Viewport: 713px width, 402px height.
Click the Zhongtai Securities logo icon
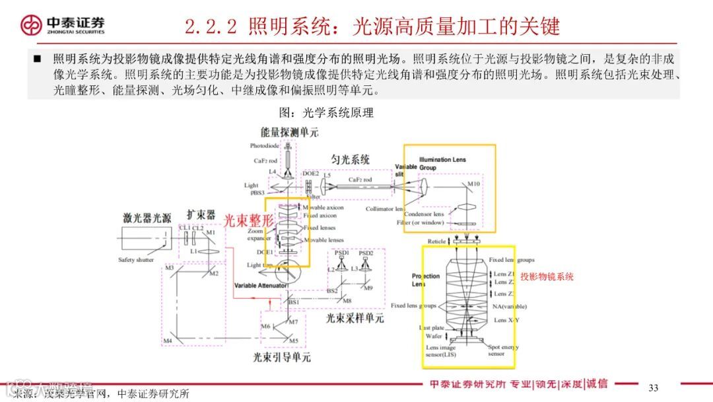(x=31, y=26)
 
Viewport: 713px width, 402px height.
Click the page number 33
(x=654, y=387)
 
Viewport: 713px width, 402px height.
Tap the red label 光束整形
(x=248, y=221)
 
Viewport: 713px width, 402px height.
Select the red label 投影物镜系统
(x=547, y=277)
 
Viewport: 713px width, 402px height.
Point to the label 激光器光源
(x=147, y=218)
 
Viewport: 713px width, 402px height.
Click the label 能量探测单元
(x=290, y=132)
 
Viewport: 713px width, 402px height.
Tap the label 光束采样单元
(x=355, y=319)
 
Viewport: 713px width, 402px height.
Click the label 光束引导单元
(x=282, y=358)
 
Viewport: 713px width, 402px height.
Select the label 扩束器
(x=201, y=215)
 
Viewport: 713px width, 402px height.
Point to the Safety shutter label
(x=136, y=260)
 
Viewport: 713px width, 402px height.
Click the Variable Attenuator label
(x=261, y=286)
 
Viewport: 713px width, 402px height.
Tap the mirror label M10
(x=474, y=184)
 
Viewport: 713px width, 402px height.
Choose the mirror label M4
(x=168, y=341)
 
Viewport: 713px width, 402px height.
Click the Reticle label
(x=437, y=242)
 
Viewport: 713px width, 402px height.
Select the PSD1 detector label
(x=341, y=253)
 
